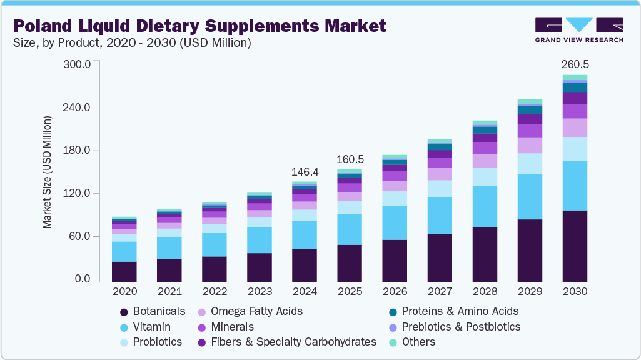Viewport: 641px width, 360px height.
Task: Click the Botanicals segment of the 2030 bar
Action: click(x=575, y=246)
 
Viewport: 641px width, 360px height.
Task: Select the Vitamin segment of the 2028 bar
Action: click(x=485, y=207)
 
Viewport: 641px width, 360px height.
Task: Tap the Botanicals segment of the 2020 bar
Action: click(x=124, y=272)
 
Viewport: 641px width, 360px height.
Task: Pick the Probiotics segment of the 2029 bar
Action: click(x=530, y=164)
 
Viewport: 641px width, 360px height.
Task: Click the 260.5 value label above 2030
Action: click(x=575, y=64)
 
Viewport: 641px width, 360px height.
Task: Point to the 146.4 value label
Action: click(x=305, y=171)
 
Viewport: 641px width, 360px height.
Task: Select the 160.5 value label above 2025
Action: click(x=350, y=159)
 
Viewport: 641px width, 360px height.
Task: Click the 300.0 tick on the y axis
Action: click(x=78, y=64)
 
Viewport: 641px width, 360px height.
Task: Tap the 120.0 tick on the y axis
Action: click(x=78, y=194)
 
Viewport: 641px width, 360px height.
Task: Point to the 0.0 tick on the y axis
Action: click(x=83, y=280)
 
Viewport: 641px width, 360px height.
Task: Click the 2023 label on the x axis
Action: click(x=260, y=292)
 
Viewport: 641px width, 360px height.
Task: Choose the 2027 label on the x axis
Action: click(x=440, y=292)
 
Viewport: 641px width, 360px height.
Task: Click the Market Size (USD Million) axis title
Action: click(x=47, y=172)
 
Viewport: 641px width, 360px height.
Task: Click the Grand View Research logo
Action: click(x=578, y=30)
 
